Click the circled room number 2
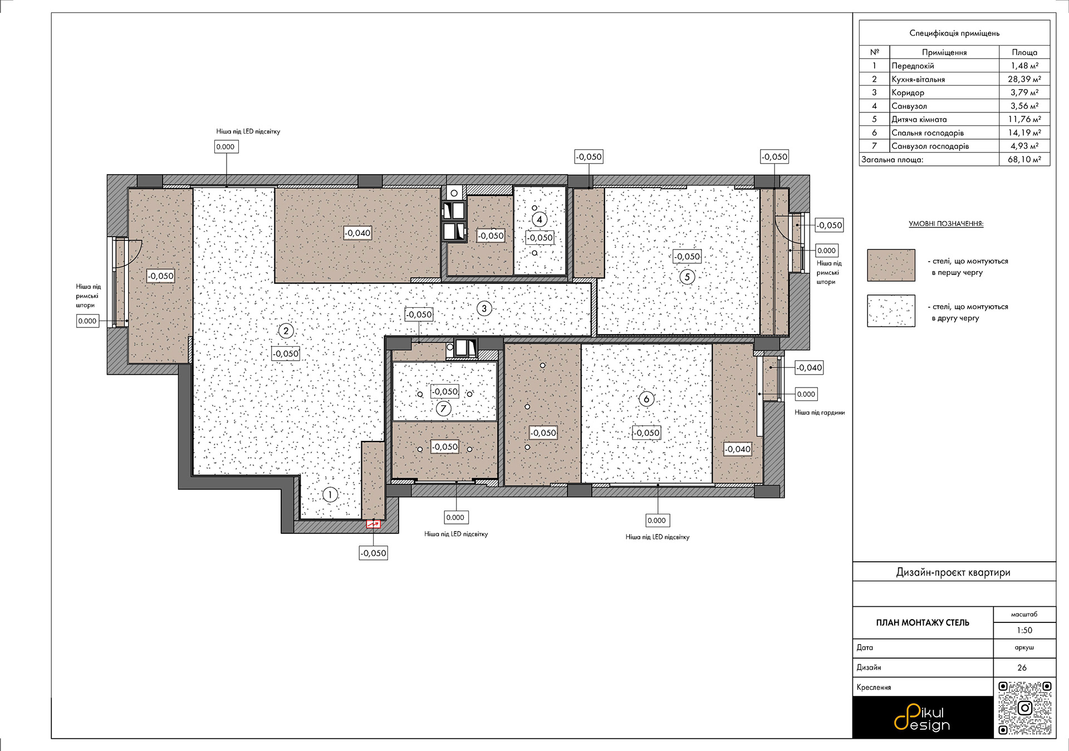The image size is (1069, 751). (286, 331)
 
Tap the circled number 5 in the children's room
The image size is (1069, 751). (687, 277)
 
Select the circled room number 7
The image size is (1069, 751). (443, 409)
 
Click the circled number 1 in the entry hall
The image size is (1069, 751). (330, 494)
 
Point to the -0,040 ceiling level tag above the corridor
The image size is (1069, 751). (357, 233)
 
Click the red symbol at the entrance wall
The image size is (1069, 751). (373, 524)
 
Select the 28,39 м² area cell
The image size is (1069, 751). (1024, 79)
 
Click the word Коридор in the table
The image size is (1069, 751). (908, 92)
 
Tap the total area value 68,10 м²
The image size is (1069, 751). (1024, 159)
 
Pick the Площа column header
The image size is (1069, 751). (1024, 52)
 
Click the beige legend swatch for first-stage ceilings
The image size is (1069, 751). (891, 265)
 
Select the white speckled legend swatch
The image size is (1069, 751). (891, 311)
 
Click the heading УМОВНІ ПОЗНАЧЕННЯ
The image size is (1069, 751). (946, 224)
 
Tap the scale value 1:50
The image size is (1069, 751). (1024, 630)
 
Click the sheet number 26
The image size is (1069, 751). (1022, 667)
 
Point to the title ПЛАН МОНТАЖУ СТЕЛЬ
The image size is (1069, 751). (923, 622)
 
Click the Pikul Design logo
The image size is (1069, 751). (922, 718)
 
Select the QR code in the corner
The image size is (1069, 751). (1025, 708)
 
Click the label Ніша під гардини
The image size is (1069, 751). (820, 413)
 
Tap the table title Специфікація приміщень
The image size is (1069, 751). (954, 33)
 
